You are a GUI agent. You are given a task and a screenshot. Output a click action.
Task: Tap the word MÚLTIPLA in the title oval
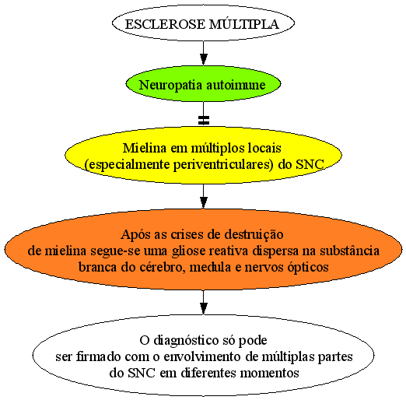[243, 24]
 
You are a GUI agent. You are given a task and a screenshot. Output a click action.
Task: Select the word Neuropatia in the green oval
[170, 85]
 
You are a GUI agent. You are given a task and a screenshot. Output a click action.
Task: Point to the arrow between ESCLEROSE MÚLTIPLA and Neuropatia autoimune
[204, 53]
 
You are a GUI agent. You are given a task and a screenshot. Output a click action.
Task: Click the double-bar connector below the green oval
[204, 120]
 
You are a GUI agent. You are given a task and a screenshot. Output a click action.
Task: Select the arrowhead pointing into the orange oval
[204, 202]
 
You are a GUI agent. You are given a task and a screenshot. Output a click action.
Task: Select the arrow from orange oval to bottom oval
[204, 302]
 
